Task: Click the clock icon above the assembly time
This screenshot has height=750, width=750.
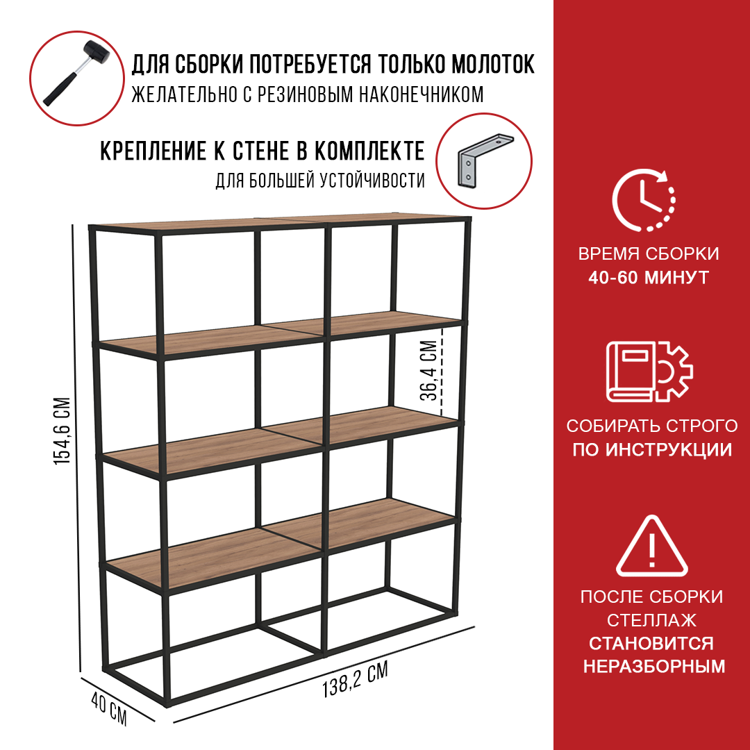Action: (644, 199)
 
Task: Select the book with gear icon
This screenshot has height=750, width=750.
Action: (649, 371)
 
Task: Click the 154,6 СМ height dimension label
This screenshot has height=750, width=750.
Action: (62, 431)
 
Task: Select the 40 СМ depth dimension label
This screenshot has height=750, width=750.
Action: (109, 709)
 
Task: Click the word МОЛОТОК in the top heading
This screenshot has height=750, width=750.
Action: (492, 64)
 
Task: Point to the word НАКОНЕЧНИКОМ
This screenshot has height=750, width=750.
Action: (421, 94)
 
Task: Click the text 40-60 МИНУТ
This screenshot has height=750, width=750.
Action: (649, 277)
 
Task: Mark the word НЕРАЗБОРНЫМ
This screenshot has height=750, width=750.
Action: (654, 666)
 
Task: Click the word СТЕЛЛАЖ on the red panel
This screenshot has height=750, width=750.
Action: (651, 620)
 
